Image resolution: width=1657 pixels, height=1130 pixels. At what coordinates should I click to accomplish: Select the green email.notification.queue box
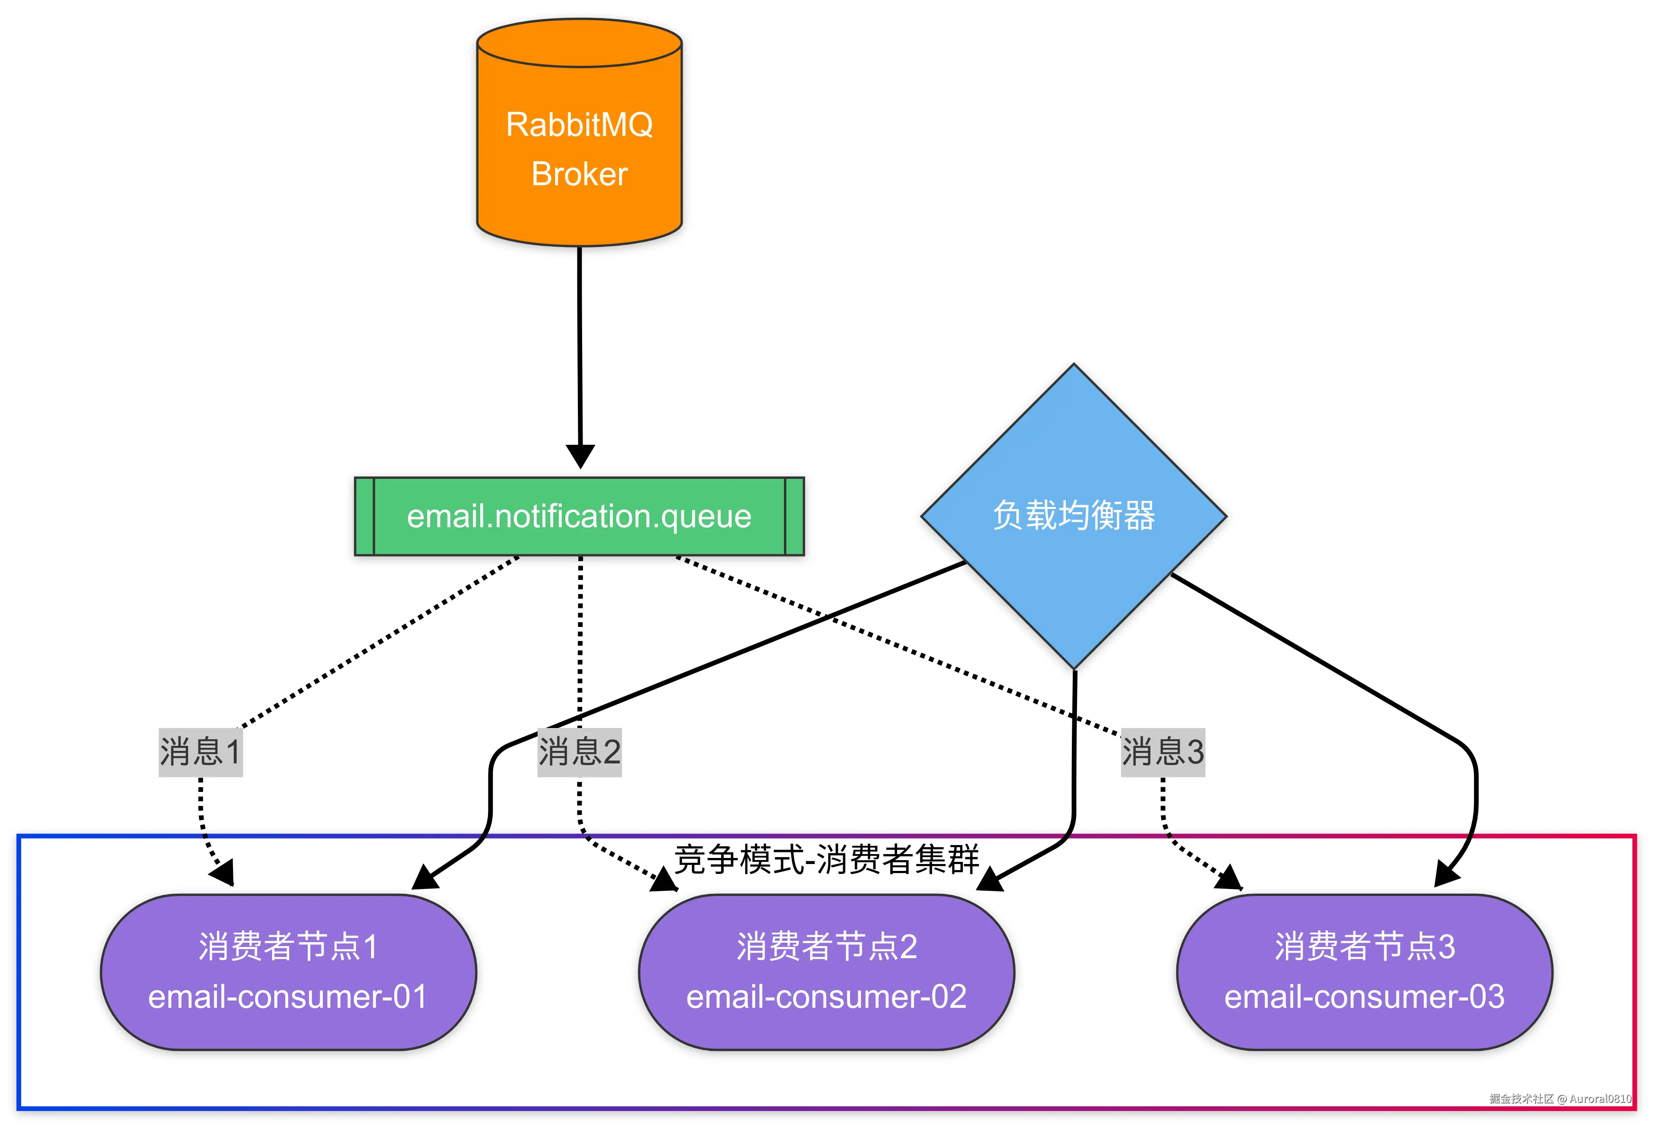coord(579,516)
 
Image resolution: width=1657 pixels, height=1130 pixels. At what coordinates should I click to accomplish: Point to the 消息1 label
coord(200,752)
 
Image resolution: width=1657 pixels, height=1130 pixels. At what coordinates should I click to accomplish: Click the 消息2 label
coord(579,752)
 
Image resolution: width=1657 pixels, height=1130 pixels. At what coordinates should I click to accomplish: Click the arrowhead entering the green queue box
coord(580,456)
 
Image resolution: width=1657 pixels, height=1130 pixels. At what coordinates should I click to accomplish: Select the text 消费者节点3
coord(1364,946)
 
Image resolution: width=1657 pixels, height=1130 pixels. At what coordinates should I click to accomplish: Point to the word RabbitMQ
coord(579,125)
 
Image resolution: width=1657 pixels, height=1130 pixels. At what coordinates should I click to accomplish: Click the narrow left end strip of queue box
coord(364,516)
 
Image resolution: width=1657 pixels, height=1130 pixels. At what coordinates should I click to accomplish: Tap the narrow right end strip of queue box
coord(794,516)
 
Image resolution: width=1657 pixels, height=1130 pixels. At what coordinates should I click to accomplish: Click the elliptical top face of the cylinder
coord(579,43)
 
